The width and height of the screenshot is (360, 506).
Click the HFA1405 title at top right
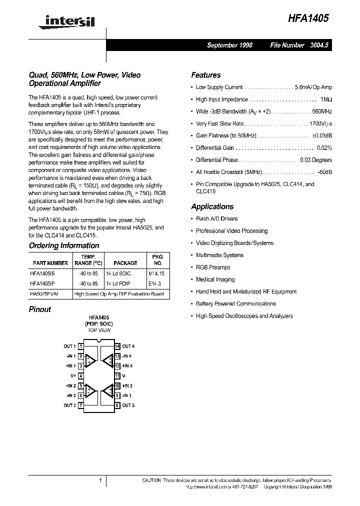[x=308, y=18]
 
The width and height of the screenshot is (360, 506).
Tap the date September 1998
[x=229, y=45]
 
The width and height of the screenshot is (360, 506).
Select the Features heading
[x=205, y=75]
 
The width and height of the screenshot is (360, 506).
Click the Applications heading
[x=212, y=206]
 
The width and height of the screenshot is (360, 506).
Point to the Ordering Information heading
[x=64, y=245]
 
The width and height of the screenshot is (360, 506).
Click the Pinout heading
[x=40, y=309]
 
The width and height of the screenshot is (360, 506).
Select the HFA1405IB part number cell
[x=45, y=273]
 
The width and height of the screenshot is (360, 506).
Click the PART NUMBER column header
[x=50, y=262]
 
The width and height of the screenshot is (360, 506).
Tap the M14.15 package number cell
[x=156, y=273]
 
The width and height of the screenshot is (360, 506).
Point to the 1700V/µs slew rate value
[x=320, y=123]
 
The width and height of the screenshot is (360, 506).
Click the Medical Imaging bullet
[x=215, y=279]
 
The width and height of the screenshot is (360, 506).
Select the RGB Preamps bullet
[x=213, y=267]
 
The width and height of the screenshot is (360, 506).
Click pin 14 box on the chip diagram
[x=117, y=346]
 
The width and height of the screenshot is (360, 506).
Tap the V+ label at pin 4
[x=73, y=375]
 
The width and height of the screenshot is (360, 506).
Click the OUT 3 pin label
[x=128, y=405]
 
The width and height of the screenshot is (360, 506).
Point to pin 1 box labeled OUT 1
[x=80, y=346]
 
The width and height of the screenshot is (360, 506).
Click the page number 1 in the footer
[x=100, y=480]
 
